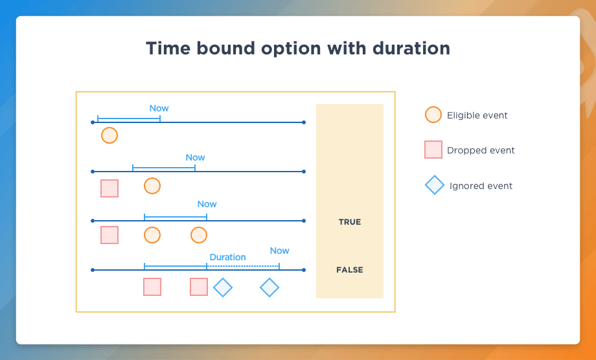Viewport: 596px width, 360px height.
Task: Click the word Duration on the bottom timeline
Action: pos(227,257)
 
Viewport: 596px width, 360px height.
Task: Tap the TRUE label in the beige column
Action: pos(350,222)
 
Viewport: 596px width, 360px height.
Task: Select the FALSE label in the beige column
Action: pos(350,270)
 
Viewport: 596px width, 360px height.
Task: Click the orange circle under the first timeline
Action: pos(109,135)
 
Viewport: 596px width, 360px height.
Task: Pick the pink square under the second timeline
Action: pos(109,188)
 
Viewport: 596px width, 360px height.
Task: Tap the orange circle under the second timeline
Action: pos(152,186)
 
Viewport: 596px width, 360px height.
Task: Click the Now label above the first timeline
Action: pos(159,108)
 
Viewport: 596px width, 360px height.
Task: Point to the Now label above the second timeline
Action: pos(196,157)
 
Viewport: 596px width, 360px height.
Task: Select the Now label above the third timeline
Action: pos(207,204)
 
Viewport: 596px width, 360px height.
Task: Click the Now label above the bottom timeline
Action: pos(279,251)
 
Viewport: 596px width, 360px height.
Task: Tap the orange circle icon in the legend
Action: pos(433,115)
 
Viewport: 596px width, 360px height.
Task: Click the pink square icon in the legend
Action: pos(433,149)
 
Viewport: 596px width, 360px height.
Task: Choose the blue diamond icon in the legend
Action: pos(435,185)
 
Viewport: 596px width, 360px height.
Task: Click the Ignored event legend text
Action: pos(481,186)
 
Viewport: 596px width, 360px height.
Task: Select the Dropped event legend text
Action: pos(481,150)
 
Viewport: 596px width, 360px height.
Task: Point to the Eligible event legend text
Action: pos(477,115)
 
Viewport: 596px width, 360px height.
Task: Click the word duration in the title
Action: pos(411,48)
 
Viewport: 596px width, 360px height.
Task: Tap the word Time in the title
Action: pos(168,48)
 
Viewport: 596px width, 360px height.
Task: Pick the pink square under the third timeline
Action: pos(109,235)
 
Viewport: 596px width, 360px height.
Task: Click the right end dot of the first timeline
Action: pos(304,122)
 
